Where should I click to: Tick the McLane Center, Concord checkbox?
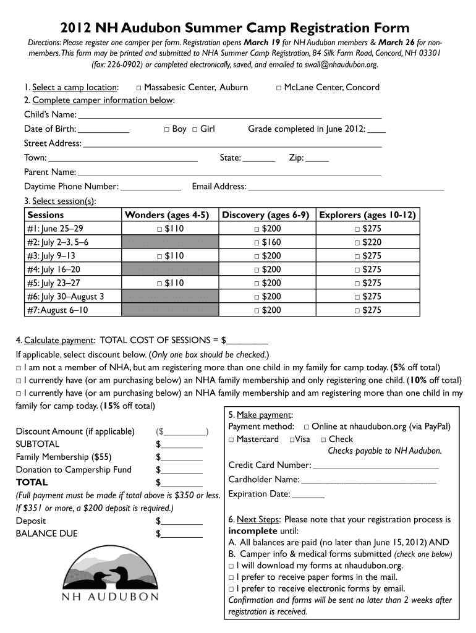pos(279,88)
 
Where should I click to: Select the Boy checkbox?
pos(167,129)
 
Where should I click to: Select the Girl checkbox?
pos(195,129)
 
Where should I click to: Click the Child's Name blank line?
pos(229,116)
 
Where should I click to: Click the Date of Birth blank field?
pos(104,130)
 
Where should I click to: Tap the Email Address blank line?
pos(346,187)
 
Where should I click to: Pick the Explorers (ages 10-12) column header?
pos(367,215)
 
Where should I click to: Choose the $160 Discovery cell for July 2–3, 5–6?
pos(267,242)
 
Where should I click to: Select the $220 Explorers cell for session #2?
pos(367,242)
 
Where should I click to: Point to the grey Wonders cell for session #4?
pos(171,270)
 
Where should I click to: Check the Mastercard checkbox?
pos(231,440)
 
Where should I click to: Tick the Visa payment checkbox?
pos(292,440)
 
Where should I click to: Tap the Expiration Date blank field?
pos(308,495)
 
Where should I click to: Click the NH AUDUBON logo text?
pos(109,597)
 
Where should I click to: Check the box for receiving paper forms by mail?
pos(231,577)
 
